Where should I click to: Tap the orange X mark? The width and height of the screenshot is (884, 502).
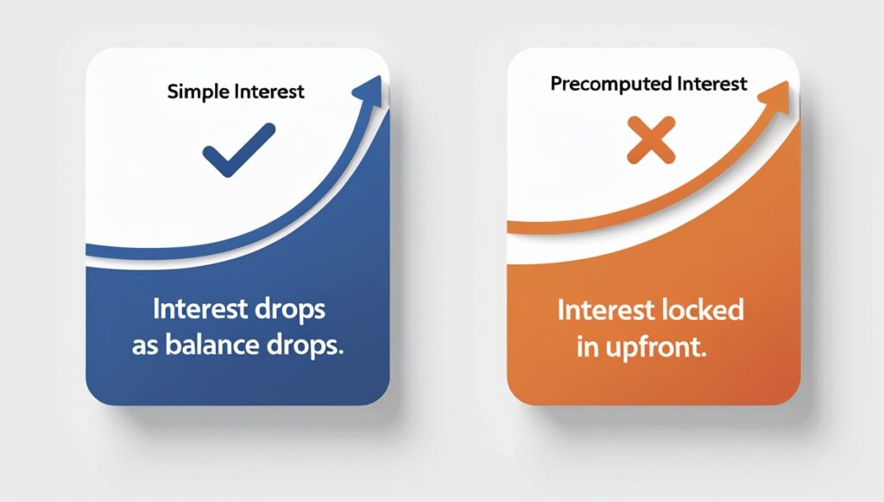coord(651,142)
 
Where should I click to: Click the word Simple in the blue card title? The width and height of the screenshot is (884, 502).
coord(193,92)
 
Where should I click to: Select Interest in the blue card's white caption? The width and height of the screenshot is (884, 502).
coord(200,308)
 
